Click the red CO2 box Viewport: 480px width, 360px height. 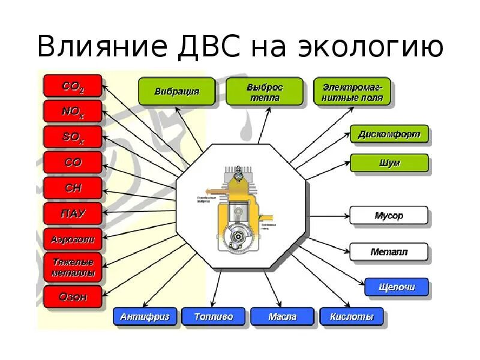point(73,85)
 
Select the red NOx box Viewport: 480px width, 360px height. point(73,112)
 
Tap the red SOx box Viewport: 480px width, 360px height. point(73,137)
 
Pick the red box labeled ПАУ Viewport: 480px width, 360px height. point(73,214)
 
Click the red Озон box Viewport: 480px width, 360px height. point(73,296)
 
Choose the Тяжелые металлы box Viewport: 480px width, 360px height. point(73,268)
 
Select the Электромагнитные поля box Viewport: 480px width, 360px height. point(352,92)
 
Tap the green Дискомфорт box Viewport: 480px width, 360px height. point(389,134)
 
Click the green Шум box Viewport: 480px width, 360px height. point(389,163)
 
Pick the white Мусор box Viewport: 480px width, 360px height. point(389,215)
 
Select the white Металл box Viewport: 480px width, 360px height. point(389,252)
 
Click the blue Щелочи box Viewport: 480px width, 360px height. point(397,287)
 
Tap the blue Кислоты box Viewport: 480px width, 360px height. point(352,317)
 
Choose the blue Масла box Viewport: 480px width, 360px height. point(282,317)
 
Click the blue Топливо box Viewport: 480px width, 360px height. point(213,317)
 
